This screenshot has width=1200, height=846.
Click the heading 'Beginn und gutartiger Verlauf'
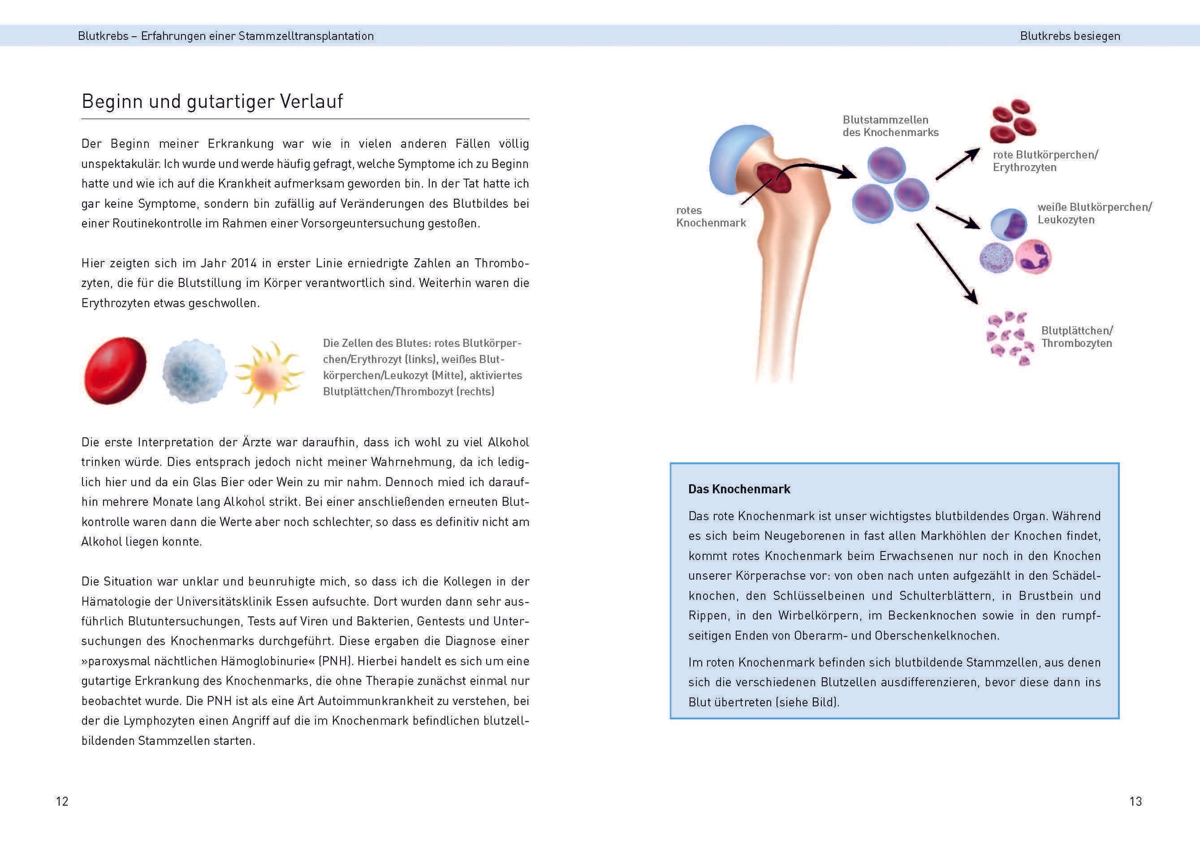pos(212,101)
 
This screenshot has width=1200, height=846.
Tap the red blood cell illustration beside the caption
pos(115,370)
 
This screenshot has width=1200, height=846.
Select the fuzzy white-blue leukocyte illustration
pos(194,372)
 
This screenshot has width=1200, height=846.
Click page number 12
pos(62,801)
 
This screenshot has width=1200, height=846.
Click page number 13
pos(1135,801)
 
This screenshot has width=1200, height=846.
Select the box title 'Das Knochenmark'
pos(739,489)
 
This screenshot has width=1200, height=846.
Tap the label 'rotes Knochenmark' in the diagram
pos(710,216)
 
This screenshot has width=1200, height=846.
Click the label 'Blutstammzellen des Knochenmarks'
pos(890,126)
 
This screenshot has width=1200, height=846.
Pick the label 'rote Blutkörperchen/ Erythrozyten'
pos(1045,161)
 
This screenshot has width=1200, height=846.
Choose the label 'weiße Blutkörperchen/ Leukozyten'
pos(1093,213)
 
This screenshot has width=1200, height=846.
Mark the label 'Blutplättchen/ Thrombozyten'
pos(1077,337)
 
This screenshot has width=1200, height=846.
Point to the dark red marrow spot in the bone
pos(773,178)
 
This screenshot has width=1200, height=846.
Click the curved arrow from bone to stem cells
pos(814,167)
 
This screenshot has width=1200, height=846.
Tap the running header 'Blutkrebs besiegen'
pos(1069,36)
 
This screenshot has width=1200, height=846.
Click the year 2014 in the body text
pos(244,263)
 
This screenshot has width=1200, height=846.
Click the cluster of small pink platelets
pos(1009,338)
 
